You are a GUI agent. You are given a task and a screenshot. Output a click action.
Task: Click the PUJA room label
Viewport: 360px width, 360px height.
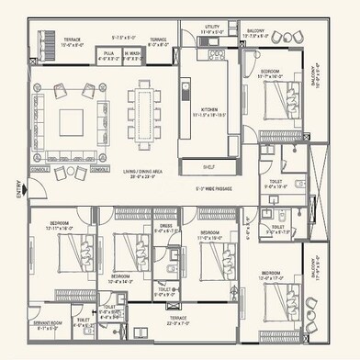[x=107, y=53]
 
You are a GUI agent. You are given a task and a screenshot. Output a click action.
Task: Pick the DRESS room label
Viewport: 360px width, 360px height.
[x=164, y=225]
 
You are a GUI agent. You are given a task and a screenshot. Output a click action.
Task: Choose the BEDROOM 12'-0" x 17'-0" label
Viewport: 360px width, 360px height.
[x=275, y=276]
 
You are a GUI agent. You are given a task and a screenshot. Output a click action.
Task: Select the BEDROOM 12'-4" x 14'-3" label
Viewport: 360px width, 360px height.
[x=119, y=277]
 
